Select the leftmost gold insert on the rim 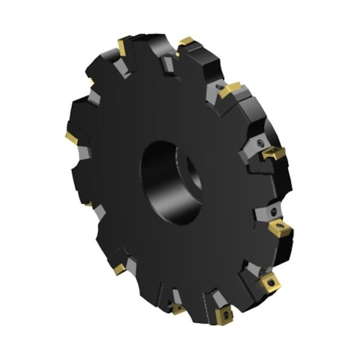pyautogui.click(x=72, y=138)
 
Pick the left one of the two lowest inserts pyautogui.click(x=178, y=309)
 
